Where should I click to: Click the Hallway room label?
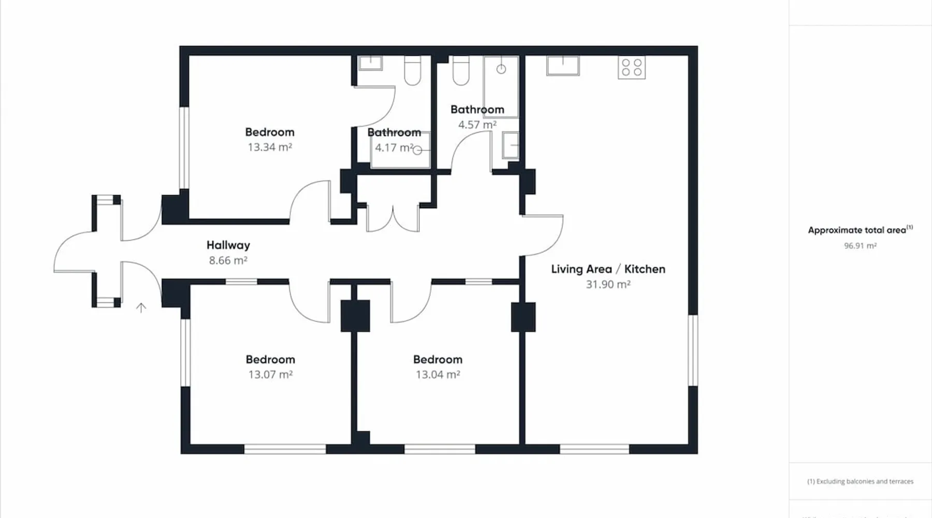tap(228, 245)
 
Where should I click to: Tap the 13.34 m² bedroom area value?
tap(270, 147)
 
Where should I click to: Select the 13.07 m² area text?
tap(270, 375)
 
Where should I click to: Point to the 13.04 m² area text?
tap(438, 375)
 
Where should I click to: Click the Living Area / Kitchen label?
tap(608, 269)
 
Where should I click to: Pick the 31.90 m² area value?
tap(608, 284)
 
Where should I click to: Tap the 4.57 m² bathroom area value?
tap(477, 125)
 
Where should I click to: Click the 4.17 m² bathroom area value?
tap(394, 148)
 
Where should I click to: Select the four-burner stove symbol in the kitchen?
tap(632, 67)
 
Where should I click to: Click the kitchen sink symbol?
tap(563, 65)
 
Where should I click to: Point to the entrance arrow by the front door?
tap(141, 308)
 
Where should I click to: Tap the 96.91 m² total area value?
tap(860, 246)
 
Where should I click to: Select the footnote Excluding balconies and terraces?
tap(860, 481)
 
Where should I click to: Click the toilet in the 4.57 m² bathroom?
tap(461, 70)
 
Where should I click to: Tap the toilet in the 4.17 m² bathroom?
tap(413, 70)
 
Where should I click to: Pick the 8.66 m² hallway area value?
tap(228, 261)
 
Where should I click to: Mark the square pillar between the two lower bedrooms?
tap(355, 315)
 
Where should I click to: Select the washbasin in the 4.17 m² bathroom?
tap(371, 63)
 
